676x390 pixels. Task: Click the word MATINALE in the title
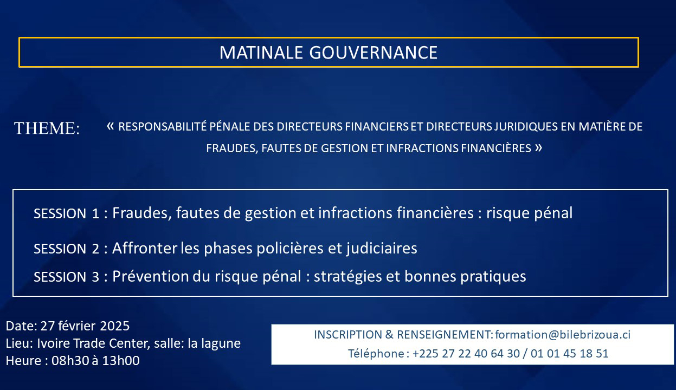(261, 53)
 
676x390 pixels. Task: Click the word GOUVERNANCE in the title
(374, 53)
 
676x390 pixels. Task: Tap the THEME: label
(47, 128)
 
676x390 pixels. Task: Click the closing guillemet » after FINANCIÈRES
(538, 147)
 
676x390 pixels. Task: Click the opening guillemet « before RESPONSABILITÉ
(110, 126)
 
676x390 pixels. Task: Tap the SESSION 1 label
(66, 213)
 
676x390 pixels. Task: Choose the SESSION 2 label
(66, 249)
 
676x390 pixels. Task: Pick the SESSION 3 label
(66, 277)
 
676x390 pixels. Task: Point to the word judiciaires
(382, 249)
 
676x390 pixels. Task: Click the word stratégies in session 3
(348, 277)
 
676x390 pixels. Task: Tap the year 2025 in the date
(115, 326)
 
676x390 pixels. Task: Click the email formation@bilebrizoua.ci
(563, 335)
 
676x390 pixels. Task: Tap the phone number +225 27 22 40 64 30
(466, 354)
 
